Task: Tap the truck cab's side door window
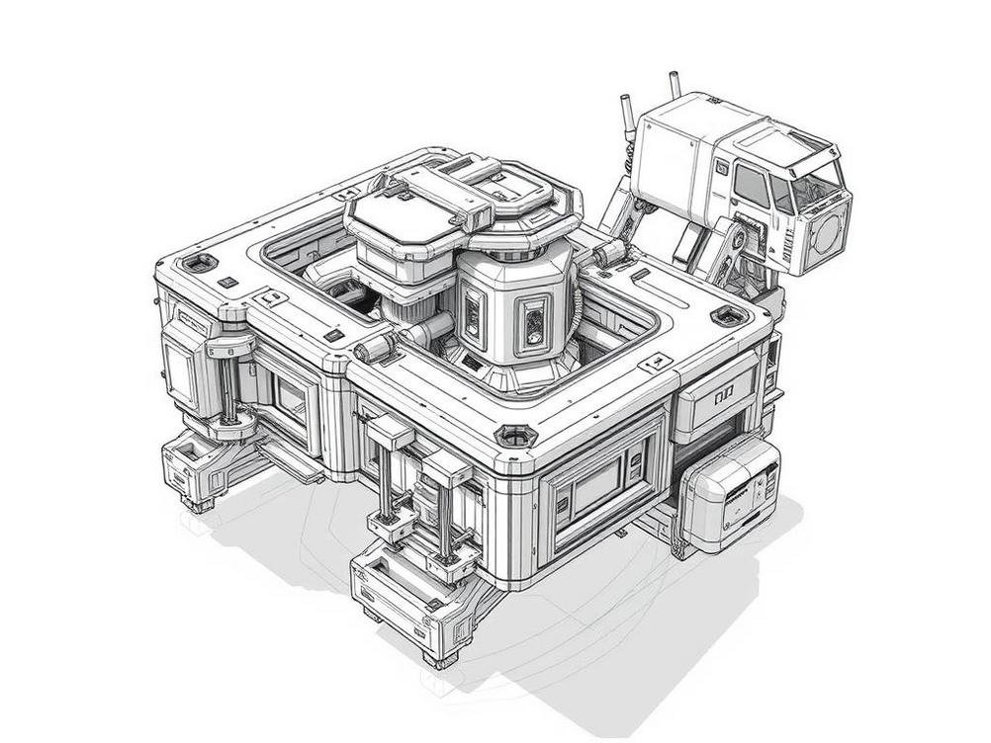[751, 185]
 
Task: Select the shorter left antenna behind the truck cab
[627, 111]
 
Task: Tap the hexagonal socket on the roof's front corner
[514, 436]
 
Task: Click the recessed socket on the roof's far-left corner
[201, 263]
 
